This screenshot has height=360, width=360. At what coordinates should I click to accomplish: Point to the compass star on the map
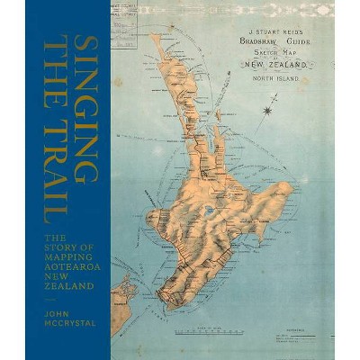pos(267,111)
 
